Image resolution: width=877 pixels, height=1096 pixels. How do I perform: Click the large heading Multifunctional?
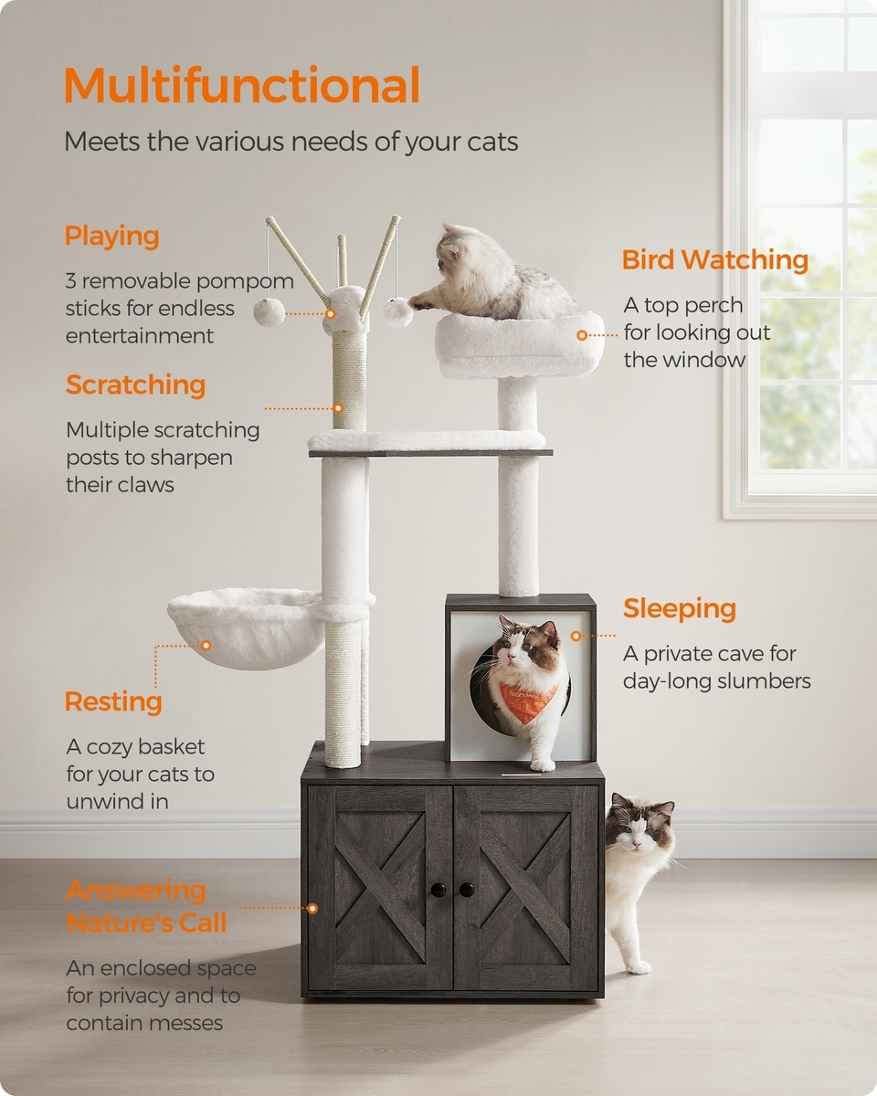pos(242,85)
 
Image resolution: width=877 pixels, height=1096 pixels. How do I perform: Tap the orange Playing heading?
pos(112,237)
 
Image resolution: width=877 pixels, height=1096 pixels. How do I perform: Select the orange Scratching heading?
pos(135,385)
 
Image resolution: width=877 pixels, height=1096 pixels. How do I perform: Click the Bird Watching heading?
pos(715,259)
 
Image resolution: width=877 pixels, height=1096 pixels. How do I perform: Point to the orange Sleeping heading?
pos(680,609)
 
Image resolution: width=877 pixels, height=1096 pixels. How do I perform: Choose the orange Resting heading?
pos(113,701)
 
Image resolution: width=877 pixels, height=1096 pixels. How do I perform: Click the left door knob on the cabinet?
pos(438,890)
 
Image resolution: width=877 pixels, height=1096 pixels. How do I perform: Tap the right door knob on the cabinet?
pos(466,890)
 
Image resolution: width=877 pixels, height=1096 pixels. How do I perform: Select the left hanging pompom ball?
pos(269,311)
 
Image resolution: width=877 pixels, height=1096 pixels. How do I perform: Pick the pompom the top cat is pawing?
pos(398,312)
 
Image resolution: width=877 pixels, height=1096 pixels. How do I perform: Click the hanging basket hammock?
pos(248,627)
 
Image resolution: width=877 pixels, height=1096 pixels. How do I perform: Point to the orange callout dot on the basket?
pos(206,646)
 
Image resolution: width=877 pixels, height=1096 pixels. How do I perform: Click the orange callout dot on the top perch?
pos(582,335)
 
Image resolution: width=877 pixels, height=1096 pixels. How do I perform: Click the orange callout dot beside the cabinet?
pos(312,908)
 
